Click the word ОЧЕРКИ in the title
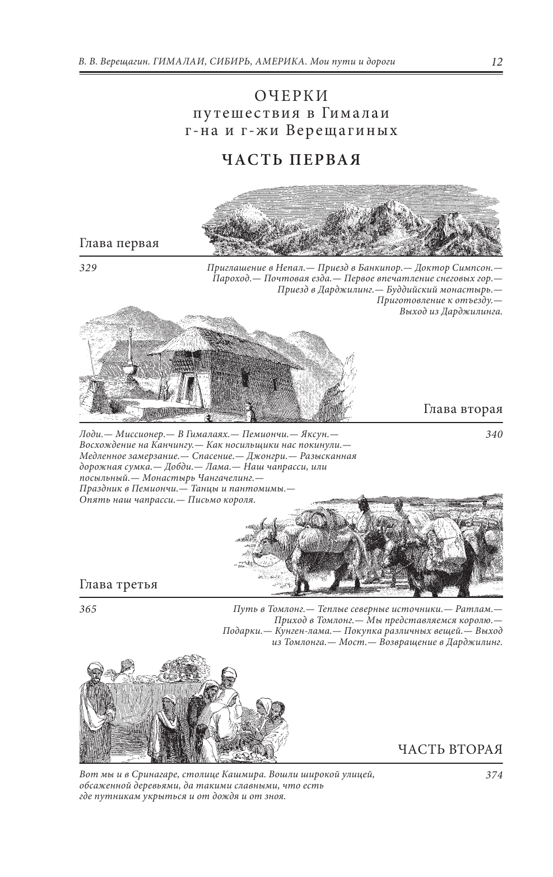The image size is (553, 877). [x=291, y=96]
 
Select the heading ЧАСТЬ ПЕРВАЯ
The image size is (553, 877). [x=291, y=160]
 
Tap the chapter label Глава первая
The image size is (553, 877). [x=119, y=244]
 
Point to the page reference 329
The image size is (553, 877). [x=89, y=268]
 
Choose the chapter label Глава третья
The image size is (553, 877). [x=119, y=584]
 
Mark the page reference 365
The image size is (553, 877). [x=89, y=609]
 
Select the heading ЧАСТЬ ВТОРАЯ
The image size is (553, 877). [x=450, y=750]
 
